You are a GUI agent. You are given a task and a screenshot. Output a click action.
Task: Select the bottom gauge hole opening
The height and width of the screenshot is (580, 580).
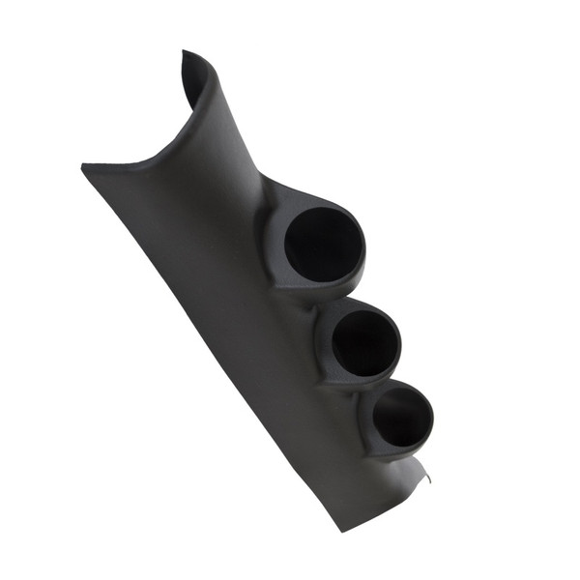pos(401,419)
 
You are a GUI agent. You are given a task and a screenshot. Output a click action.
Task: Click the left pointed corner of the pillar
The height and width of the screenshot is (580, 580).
pos(84,167)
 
